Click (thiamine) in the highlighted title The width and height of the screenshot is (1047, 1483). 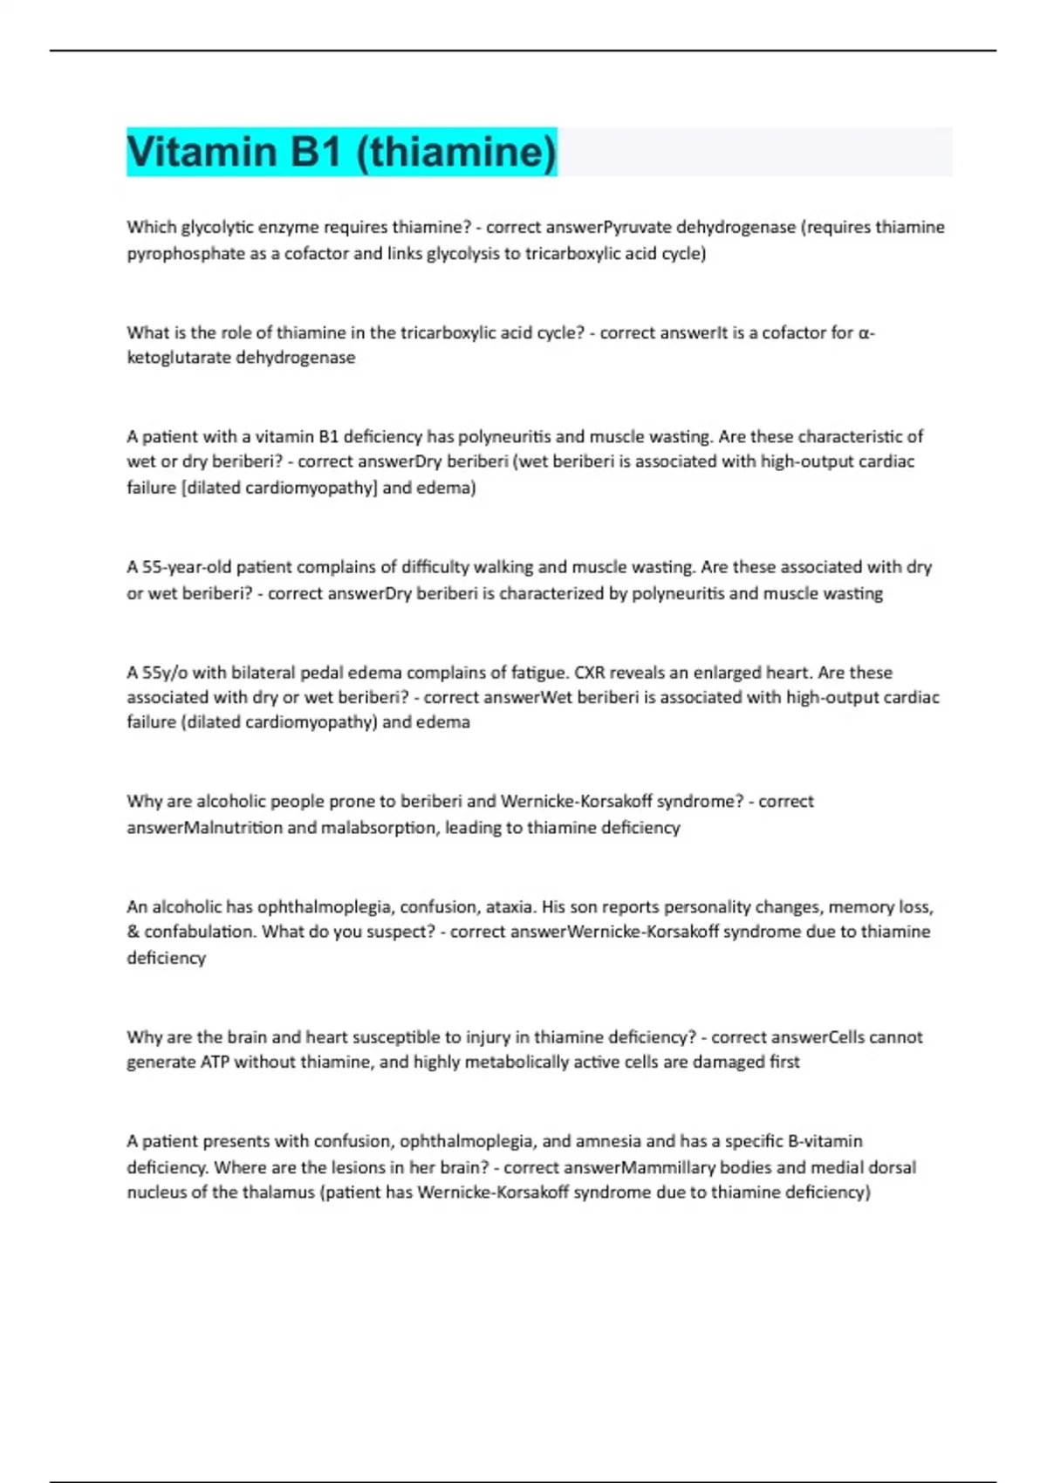pos(456,152)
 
